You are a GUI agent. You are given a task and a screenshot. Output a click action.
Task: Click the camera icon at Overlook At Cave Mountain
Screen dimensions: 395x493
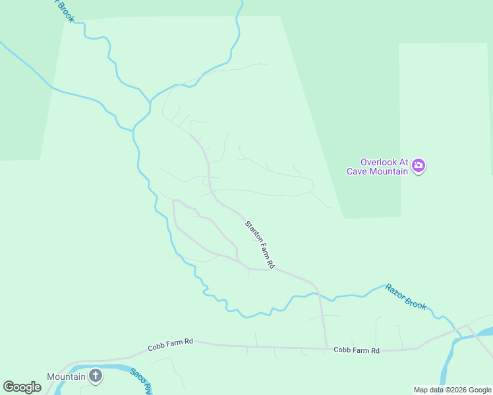click(418, 167)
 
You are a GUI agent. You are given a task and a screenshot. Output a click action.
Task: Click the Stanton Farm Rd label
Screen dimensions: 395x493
click(260, 244)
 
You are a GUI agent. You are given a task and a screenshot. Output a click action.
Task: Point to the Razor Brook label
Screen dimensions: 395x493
click(406, 296)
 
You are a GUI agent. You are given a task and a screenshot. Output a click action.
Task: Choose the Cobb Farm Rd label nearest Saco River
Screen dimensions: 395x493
click(170, 342)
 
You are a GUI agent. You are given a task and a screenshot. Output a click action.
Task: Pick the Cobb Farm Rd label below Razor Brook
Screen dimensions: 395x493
click(357, 351)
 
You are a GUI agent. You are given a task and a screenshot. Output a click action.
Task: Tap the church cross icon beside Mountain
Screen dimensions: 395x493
click(96, 377)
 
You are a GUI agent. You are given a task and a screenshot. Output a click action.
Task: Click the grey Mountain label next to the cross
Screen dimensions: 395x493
click(66, 377)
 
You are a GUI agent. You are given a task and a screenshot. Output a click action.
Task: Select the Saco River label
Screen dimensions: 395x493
click(140, 381)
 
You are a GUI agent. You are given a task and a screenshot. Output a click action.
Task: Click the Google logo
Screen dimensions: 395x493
click(22, 387)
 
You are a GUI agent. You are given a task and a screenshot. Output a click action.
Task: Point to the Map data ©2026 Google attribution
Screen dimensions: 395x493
click(453, 390)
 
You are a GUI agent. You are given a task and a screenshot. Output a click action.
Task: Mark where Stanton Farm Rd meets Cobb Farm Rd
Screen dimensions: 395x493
click(326, 348)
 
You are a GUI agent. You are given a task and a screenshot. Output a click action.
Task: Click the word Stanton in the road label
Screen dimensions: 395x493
click(252, 232)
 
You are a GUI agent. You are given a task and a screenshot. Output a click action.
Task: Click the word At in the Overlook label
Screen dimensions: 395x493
click(403, 162)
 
